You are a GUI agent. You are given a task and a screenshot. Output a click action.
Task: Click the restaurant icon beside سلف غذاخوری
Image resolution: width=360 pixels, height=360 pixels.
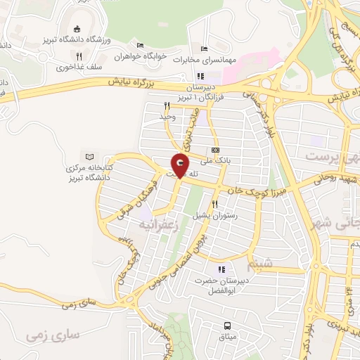pos(79,57)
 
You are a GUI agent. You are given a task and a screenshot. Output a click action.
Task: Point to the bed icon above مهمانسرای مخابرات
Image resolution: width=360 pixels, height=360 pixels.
pos(204,49)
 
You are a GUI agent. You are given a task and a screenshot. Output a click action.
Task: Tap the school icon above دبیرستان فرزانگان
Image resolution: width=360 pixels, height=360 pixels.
pos(200,76)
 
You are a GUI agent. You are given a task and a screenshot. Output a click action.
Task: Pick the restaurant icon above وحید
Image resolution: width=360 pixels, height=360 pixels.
pos(167,106)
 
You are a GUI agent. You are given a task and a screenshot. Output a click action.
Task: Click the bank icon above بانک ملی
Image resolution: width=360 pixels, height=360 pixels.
pos(215,150)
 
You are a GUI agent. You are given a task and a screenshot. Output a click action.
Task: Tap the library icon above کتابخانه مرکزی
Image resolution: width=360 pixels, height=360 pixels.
pos(89,156)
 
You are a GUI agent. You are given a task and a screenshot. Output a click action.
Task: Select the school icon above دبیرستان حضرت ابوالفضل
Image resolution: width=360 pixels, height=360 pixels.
pos(222,269)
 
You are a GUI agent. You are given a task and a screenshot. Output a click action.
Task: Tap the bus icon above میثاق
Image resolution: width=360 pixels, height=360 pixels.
pos(228,326)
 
